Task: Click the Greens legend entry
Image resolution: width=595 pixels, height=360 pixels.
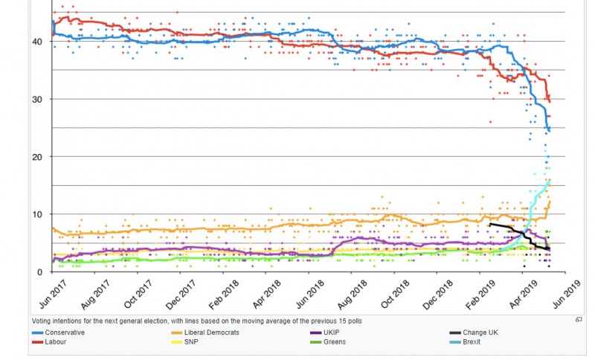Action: click(335, 341)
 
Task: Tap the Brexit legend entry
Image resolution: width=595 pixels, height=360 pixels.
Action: click(472, 341)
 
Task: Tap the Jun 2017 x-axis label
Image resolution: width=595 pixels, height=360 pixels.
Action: click(49, 295)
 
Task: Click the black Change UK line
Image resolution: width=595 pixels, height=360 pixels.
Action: click(513, 230)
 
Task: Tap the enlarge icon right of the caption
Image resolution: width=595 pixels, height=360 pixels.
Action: click(578, 320)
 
